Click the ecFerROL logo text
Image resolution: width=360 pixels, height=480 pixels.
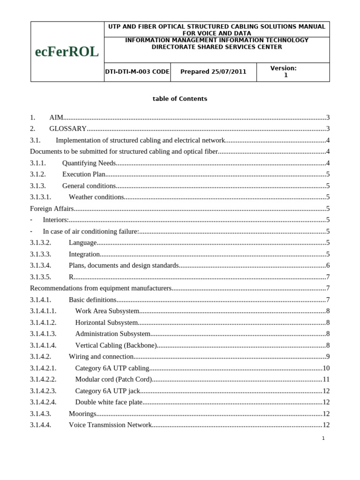point(67,52)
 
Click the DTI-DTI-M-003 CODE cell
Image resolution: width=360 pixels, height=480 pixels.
point(137,72)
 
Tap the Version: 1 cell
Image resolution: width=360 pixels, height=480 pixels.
point(284,72)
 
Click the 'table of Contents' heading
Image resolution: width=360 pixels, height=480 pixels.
point(180,99)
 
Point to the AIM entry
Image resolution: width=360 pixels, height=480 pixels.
point(56,117)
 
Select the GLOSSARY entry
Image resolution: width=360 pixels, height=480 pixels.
point(68,128)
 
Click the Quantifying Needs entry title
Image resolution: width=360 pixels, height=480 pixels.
point(89,163)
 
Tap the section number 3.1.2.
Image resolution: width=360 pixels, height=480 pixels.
point(38,174)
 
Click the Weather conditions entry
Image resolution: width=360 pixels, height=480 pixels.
point(97,197)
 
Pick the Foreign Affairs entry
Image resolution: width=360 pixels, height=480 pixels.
point(52,209)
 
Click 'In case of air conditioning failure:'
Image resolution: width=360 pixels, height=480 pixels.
point(91,231)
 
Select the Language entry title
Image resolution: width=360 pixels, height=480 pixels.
point(83,242)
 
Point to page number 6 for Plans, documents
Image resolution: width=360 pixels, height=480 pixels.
point(328,265)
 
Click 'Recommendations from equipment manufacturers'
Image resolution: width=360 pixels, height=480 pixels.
point(101,288)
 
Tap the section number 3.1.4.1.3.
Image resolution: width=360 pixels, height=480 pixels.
point(43,334)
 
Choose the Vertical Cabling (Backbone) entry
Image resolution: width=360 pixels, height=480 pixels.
point(116,345)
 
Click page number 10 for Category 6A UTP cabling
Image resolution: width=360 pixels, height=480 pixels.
point(326,368)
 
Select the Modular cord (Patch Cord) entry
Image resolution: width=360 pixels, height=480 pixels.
point(113,379)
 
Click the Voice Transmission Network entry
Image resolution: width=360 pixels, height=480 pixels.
point(110,425)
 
